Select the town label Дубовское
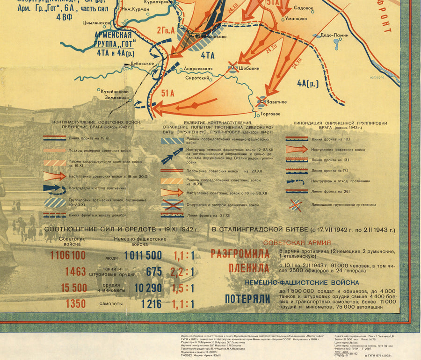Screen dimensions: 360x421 tap(142, 63)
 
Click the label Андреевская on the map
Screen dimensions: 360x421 tap(198, 69)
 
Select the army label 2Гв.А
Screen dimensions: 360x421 tap(166, 31)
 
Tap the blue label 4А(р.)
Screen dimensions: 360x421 tap(307, 84)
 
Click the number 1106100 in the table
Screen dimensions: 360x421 tap(68, 255)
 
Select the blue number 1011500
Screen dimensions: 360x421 tap(143, 255)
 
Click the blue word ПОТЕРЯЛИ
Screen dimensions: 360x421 tap(247, 299)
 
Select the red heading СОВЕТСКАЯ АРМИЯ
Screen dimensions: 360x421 tap(297, 243)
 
